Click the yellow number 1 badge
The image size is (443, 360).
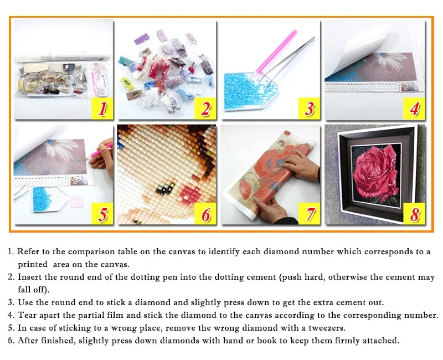pyautogui.click(x=102, y=108)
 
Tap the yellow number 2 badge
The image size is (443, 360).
pyautogui.click(x=205, y=108)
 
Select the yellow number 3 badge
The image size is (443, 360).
pyautogui.click(x=309, y=108)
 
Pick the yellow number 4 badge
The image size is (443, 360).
pyautogui.click(x=414, y=109)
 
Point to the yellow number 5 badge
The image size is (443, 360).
pyautogui.click(x=102, y=214)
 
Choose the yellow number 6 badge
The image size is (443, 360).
pyautogui.click(x=205, y=214)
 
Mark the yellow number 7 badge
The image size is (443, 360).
pyautogui.click(x=309, y=214)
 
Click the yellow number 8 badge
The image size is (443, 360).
pyautogui.click(x=414, y=214)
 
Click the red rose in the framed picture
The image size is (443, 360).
pyautogui.click(x=375, y=172)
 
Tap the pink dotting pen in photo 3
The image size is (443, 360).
pyautogui.click(x=276, y=52)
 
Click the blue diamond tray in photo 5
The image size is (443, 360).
pyautogui.click(x=49, y=199)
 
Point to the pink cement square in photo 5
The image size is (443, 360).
pyautogui.click(x=76, y=201)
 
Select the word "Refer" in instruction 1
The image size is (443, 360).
pyautogui.click(x=28, y=251)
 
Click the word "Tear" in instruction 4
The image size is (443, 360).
pyautogui.click(x=27, y=315)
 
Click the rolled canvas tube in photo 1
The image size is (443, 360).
pyautogui.click(x=62, y=57)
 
